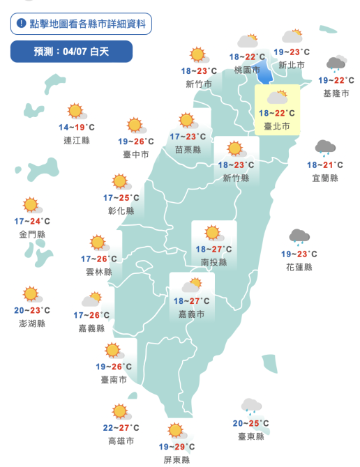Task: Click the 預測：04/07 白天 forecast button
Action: click(71, 52)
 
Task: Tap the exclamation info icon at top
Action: click(22, 24)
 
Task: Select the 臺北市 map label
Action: click(277, 126)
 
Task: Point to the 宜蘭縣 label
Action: click(324, 178)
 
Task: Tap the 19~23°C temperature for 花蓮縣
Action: click(299, 254)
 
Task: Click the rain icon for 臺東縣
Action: click(250, 406)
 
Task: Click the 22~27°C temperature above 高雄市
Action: click(121, 428)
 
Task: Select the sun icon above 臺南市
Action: click(113, 351)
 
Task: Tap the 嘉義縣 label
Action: click(91, 328)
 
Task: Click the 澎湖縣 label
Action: click(32, 323)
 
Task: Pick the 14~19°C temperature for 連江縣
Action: click(76, 128)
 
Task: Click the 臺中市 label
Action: click(135, 154)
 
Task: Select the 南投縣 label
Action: click(213, 262)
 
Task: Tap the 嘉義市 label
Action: click(191, 314)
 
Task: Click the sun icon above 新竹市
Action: click(198, 55)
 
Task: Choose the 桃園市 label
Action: click(248, 70)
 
